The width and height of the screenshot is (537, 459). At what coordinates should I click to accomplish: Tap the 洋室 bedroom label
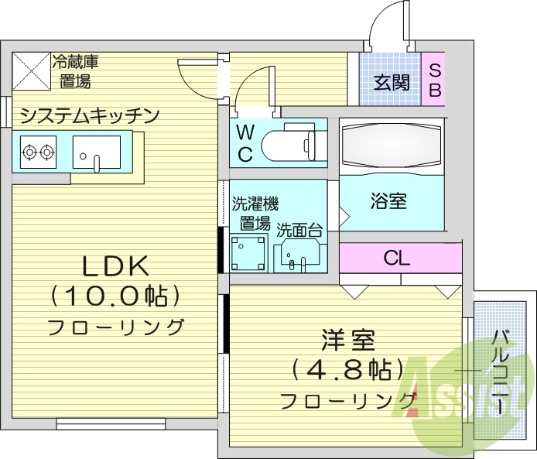click(349, 340)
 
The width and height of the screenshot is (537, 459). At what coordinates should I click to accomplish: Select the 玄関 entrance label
click(391, 81)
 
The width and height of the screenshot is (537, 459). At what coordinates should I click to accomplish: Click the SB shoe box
click(434, 80)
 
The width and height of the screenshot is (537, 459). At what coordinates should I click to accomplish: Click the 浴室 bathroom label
click(388, 203)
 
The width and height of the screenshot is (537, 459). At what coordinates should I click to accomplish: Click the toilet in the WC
click(289, 143)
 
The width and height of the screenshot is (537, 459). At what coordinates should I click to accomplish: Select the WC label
click(245, 143)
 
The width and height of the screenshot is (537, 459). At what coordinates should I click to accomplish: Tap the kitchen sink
click(97, 151)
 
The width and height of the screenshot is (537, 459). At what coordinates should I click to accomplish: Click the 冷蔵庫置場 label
click(75, 71)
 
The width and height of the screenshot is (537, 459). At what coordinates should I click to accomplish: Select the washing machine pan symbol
click(248, 252)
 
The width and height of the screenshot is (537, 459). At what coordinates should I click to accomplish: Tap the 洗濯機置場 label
click(255, 214)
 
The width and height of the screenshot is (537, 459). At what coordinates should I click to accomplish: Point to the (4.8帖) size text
click(349, 369)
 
